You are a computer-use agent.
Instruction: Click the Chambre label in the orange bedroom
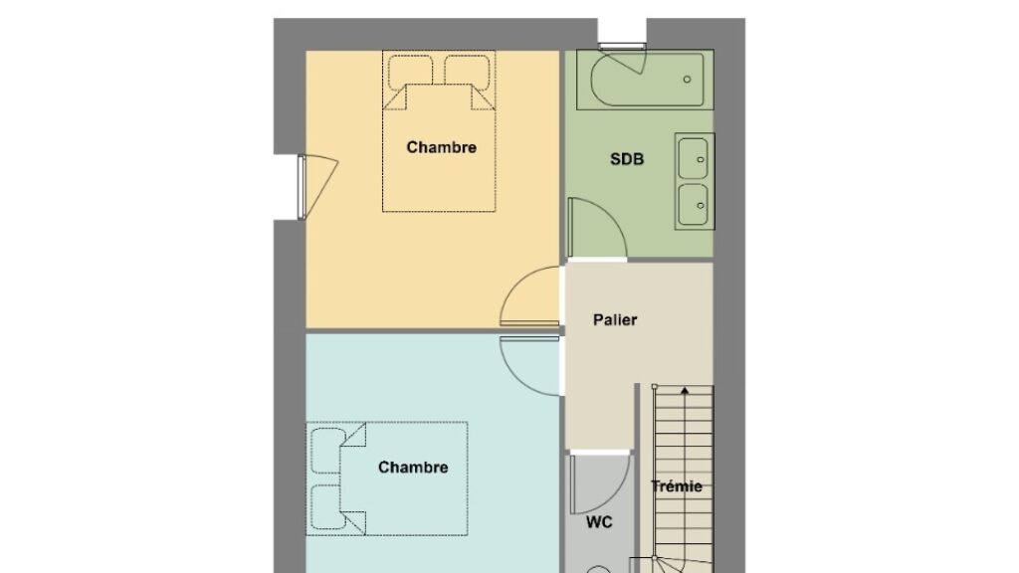441,147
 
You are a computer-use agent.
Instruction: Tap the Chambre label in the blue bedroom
413,468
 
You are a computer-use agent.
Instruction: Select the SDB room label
627,159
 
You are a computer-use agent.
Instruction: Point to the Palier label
615,319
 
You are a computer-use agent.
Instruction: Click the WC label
598,522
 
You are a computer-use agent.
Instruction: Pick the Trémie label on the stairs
677,485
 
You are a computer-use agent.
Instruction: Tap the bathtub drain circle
687,80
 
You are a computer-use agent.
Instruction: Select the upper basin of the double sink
694,158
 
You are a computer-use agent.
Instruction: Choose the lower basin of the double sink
694,205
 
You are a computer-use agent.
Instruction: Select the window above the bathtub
622,46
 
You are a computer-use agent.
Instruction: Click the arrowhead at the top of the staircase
685,390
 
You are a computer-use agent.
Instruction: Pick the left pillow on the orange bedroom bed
411,73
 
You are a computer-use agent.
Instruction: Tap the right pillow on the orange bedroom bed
468,73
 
